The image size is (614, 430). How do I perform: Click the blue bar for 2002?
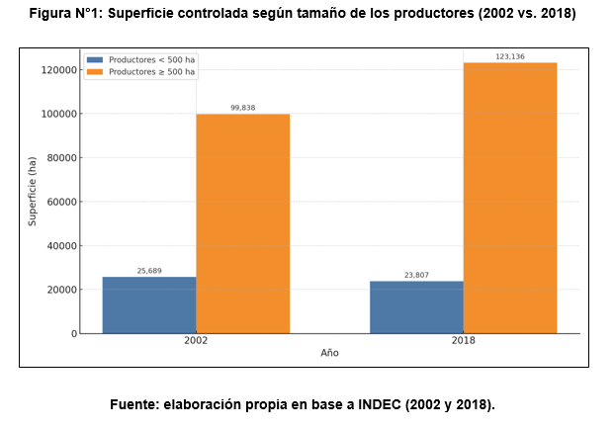coord(149,304)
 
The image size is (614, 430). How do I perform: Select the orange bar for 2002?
coord(242,223)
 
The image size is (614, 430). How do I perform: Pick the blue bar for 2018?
coord(416,306)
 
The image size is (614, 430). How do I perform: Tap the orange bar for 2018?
coord(510,198)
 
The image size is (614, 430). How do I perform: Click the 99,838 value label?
coord(243,107)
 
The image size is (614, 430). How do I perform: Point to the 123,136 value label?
coord(510,56)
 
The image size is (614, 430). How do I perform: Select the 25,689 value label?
coord(149,270)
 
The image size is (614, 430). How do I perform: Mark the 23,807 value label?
coord(416,275)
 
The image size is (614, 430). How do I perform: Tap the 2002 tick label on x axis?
coord(196,341)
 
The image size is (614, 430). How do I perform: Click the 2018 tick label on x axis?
coord(463,341)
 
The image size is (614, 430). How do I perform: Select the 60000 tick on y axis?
coord(61,202)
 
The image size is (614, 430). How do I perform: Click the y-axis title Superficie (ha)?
coord(32,191)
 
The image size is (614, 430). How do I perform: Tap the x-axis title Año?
coord(329,353)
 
